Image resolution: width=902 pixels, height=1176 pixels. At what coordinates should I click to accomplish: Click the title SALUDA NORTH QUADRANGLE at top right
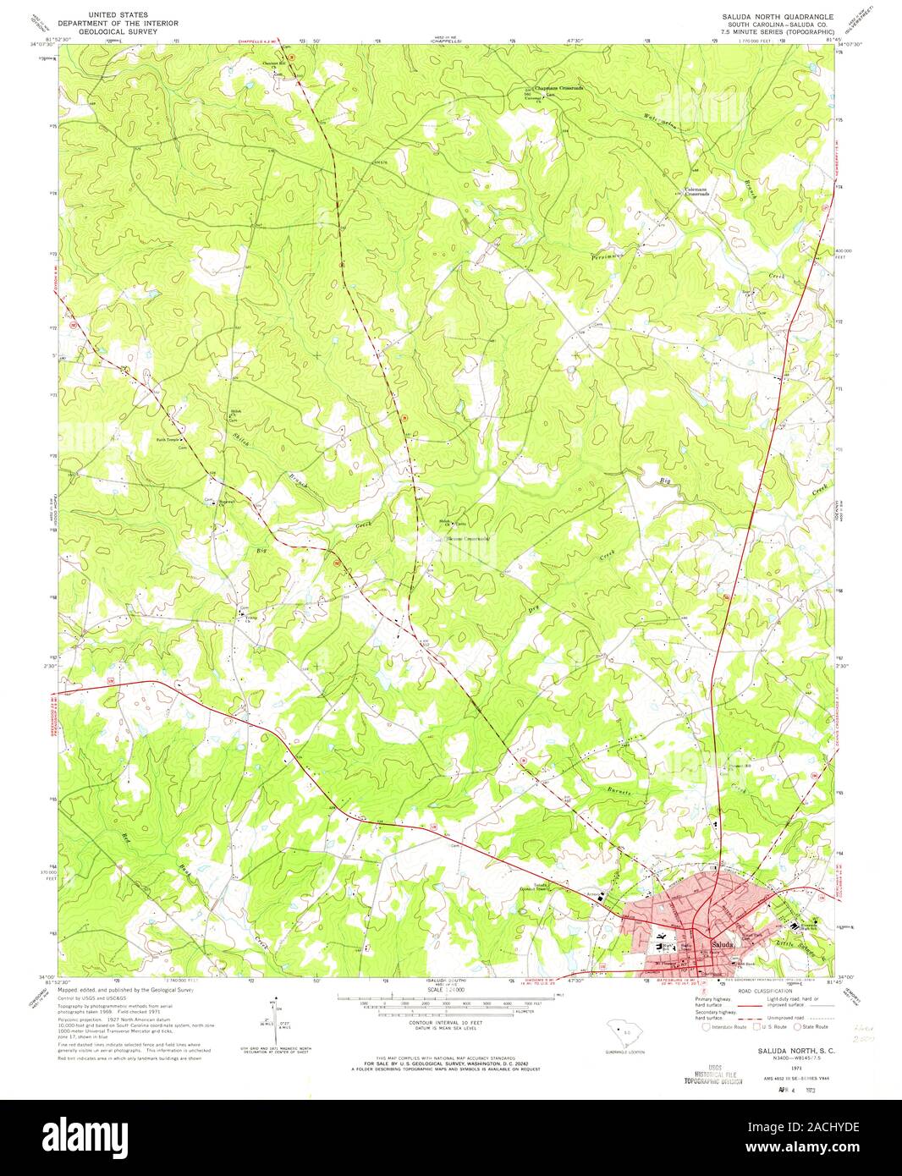[x=777, y=17]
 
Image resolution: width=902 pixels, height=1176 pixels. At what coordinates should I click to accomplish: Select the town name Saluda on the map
[x=722, y=943]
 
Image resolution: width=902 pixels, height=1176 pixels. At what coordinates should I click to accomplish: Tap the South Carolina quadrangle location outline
[x=627, y=1034]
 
